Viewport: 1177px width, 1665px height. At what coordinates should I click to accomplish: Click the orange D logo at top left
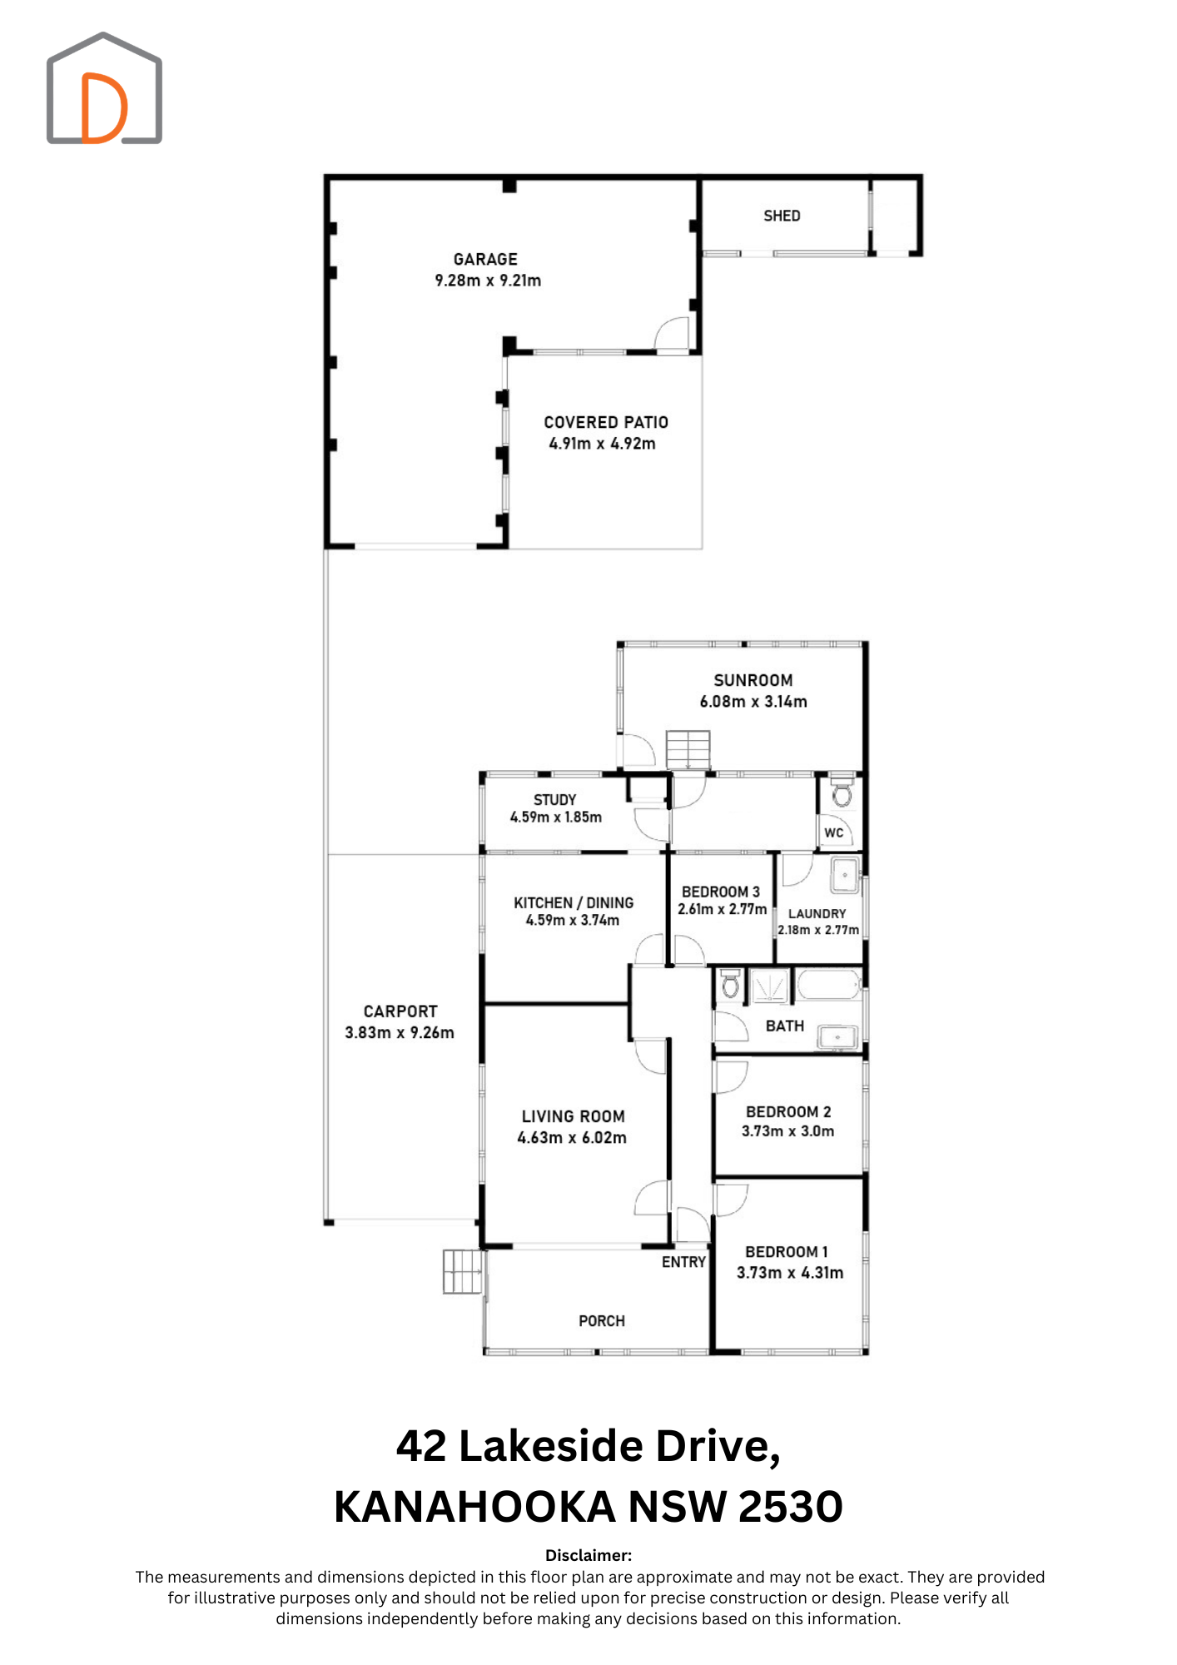(104, 108)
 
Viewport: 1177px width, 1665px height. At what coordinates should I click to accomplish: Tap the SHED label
(782, 216)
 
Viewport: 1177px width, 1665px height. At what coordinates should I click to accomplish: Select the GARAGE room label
(485, 260)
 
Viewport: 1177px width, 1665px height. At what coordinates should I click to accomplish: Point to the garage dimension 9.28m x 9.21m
(488, 281)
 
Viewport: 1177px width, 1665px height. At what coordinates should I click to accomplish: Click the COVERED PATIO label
(606, 423)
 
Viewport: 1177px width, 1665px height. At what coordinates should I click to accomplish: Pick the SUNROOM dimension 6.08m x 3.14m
(753, 702)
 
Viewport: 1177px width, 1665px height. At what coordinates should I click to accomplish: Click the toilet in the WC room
(842, 793)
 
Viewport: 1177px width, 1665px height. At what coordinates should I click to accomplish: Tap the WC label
(834, 832)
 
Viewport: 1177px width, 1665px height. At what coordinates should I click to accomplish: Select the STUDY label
(555, 800)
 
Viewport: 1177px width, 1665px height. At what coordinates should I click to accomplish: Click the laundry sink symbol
(846, 875)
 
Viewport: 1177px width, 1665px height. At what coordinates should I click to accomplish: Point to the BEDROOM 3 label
(721, 892)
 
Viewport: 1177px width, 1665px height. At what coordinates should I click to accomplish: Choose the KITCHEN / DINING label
(574, 902)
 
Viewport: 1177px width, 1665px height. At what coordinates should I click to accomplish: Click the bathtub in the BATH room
(828, 986)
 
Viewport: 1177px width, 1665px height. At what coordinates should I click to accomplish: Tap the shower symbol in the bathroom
(770, 987)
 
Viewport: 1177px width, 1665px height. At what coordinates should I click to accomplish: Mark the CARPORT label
(400, 1011)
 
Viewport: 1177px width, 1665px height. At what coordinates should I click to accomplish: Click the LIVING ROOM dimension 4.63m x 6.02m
(572, 1138)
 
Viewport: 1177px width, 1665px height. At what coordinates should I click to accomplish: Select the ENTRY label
(683, 1262)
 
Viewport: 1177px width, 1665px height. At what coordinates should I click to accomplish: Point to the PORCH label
(602, 1321)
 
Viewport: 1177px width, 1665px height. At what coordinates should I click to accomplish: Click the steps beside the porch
(463, 1271)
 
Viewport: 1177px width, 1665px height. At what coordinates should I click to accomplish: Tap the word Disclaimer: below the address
(588, 1555)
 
